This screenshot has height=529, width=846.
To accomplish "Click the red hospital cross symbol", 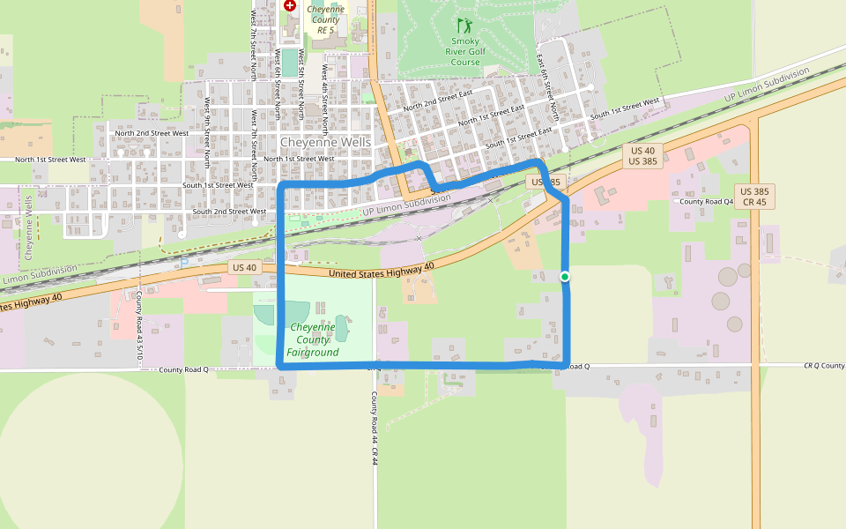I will point(289,5).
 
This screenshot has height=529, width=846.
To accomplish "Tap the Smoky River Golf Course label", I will point(465,51).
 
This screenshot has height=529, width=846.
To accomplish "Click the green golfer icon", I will point(464,26).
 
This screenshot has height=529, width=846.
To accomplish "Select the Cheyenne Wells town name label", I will point(325,142).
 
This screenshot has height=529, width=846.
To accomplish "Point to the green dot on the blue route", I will point(565,277).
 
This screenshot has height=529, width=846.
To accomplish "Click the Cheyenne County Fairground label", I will point(313,339).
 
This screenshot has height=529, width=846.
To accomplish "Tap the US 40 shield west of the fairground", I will point(244,267).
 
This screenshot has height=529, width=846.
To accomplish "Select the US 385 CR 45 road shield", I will point(754,196).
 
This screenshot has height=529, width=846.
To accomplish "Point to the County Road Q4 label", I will point(705,201).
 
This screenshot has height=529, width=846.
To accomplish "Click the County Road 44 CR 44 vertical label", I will point(375,428).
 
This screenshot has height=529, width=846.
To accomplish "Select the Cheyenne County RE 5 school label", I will point(325,19).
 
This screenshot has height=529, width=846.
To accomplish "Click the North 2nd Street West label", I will point(152,133).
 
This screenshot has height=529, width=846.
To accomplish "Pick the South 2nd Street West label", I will point(229,212).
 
